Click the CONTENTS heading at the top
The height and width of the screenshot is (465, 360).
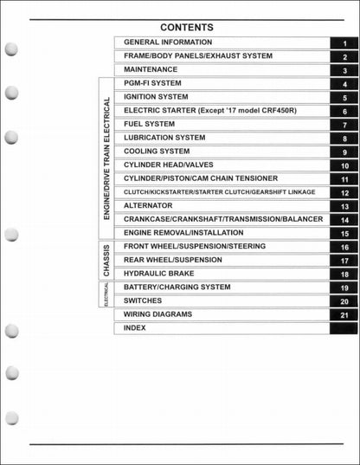point(186,27)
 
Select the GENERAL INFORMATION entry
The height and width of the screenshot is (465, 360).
point(168,42)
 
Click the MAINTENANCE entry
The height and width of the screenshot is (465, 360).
point(151,69)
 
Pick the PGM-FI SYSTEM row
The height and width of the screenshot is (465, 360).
point(152,83)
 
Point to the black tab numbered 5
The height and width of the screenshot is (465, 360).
point(344,98)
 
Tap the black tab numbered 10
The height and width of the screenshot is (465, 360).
point(344,165)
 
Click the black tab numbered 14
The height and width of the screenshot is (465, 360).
point(344,220)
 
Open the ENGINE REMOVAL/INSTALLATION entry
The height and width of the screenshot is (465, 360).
point(183,233)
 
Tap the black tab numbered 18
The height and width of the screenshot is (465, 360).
point(344,274)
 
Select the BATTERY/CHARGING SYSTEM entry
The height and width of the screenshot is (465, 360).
point(177,287)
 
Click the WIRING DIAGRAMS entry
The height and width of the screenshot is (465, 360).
point(158,314)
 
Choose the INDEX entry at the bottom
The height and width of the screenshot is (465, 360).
point(134,328)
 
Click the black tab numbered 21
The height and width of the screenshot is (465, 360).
point(344,315)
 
